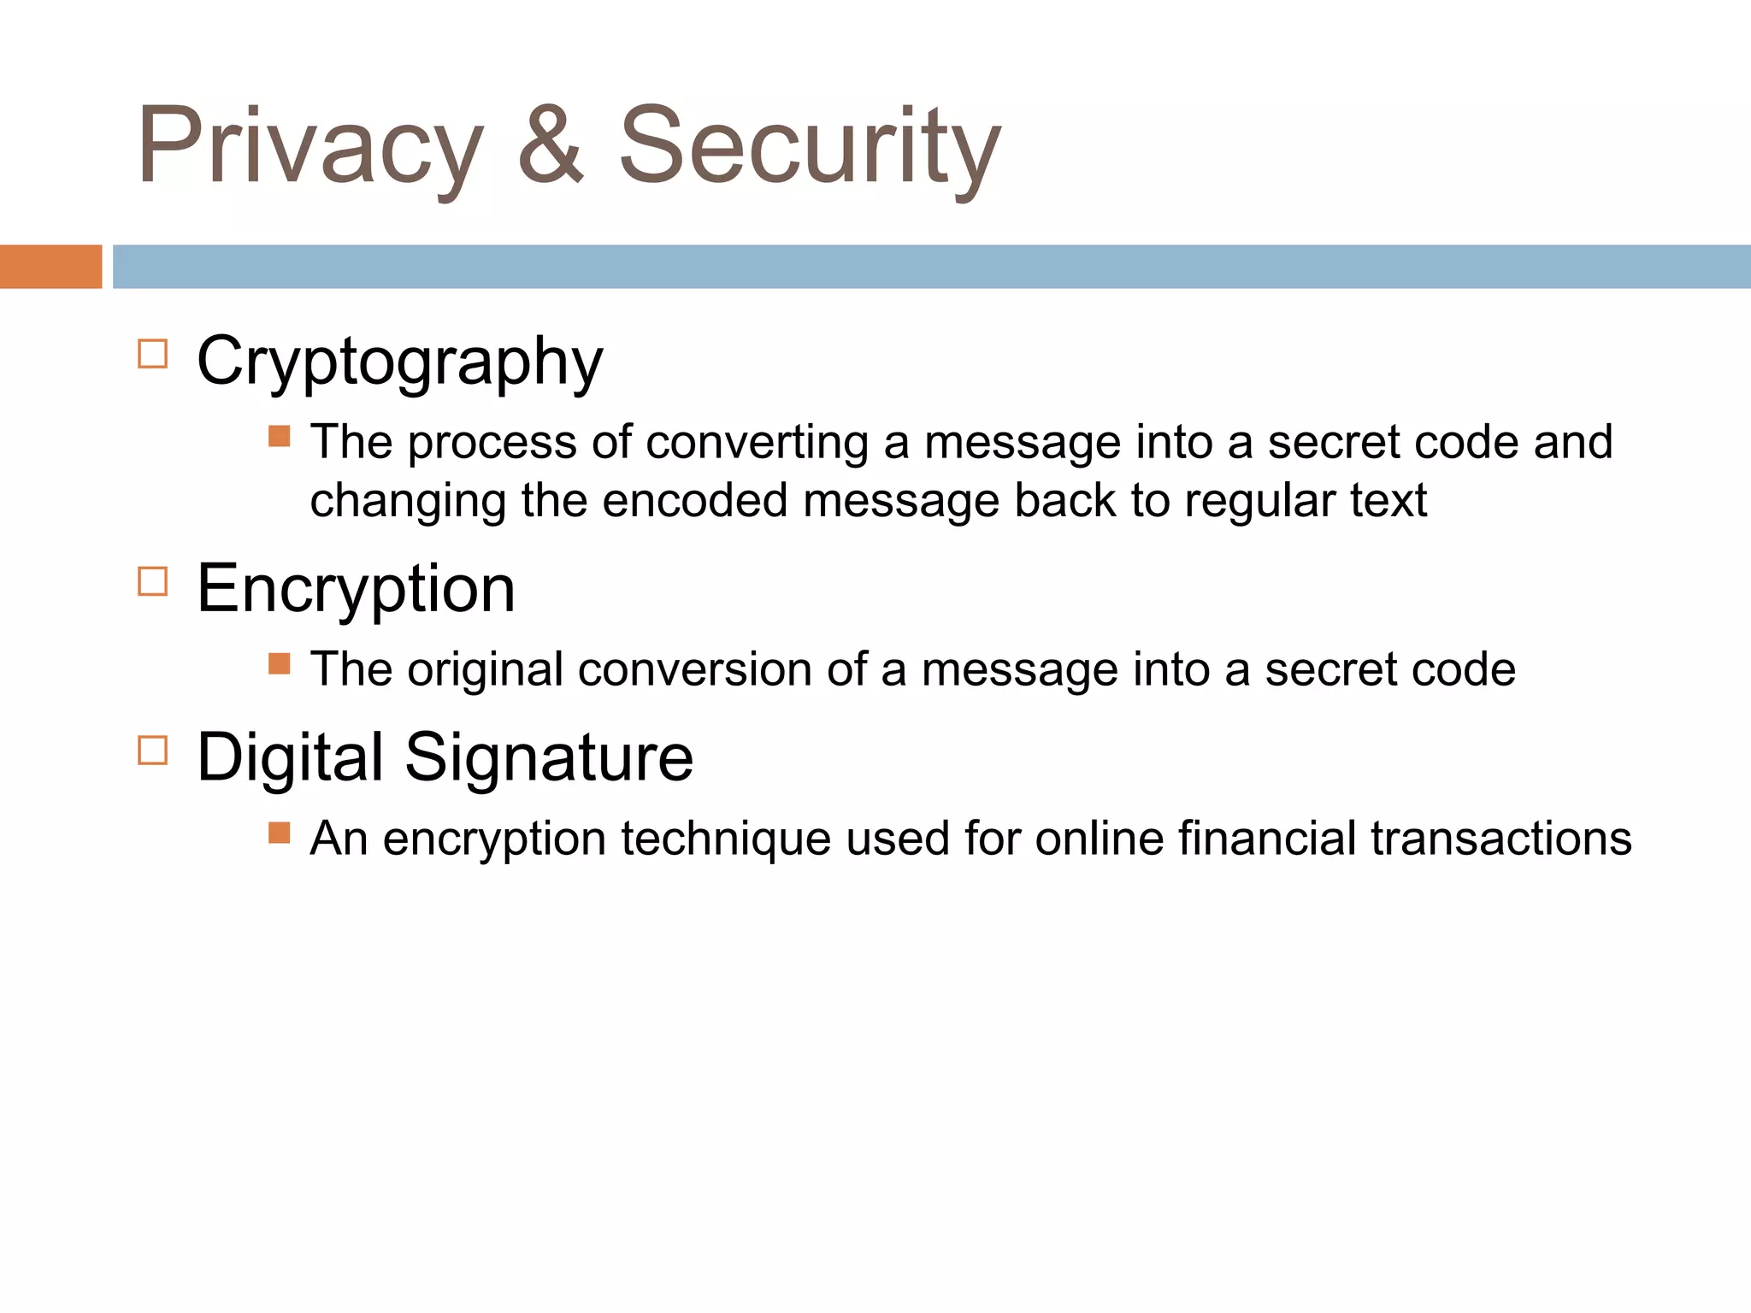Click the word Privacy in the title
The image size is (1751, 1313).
(x=310, y=145)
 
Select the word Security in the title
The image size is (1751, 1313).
(x=809, y=145)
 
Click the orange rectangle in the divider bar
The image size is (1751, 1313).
(x=50, y=267)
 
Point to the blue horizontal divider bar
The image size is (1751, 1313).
(x=931, y=267)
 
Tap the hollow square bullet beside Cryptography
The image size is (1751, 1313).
(x=152, y=354)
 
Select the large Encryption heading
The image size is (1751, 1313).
(x=356, y=590)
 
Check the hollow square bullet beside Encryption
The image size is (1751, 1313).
(x=152, y=581)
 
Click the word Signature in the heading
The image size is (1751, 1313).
(x=548, y=757)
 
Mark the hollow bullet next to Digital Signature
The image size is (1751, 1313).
(x=152, y=751)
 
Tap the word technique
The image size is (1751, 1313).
(x=726, y=839)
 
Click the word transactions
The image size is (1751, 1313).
(x=1501, y=839)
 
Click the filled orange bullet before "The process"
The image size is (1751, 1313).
(x=279, y=437)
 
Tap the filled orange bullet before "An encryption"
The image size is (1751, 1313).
(x=279, y=833)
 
